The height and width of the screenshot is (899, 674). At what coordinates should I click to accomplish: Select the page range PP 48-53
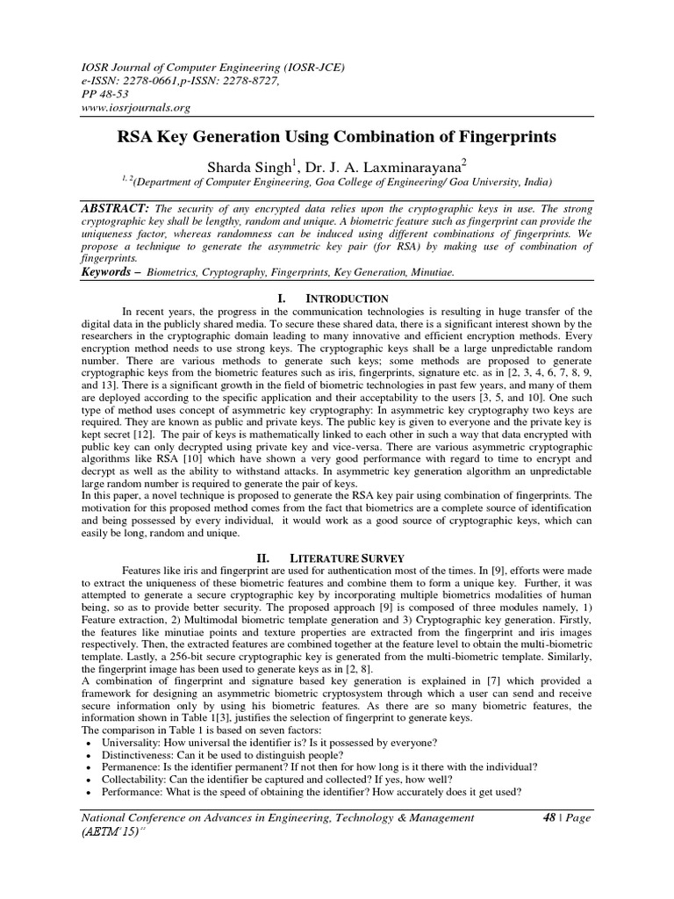point(104,92)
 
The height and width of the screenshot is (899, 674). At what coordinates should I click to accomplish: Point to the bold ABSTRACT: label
point(114,211)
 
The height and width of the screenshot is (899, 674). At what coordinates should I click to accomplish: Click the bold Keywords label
point(111,274)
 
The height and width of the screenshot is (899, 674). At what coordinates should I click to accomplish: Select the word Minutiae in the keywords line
point(429,274)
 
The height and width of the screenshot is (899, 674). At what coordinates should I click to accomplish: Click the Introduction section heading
point(351,298)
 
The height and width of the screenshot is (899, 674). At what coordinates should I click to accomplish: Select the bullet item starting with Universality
point(242,741)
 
